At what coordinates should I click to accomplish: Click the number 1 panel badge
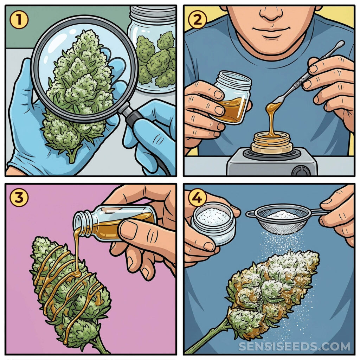click(x=19, y=20)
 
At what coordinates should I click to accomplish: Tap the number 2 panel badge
click(x=197, y=20)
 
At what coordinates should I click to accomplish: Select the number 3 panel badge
click(x=19, y=198)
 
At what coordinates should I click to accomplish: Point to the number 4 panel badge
click(x=197, y=198)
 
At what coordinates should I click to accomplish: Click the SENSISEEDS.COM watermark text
click(x=295, y=346)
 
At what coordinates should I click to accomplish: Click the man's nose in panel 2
click(x=271, y=14)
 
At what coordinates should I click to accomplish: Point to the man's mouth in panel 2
click(x=271, y=31)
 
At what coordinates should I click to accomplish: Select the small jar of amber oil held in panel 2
click(x=232, y=96)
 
